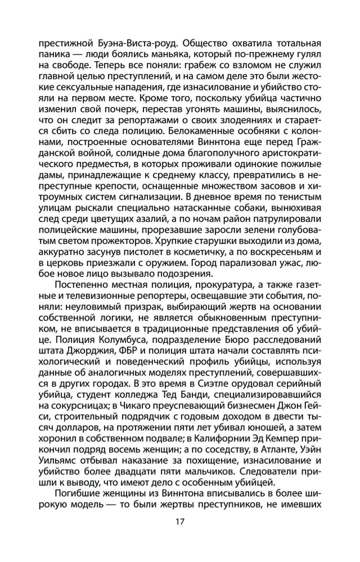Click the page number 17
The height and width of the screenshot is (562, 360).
click(x=180, y=521)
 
